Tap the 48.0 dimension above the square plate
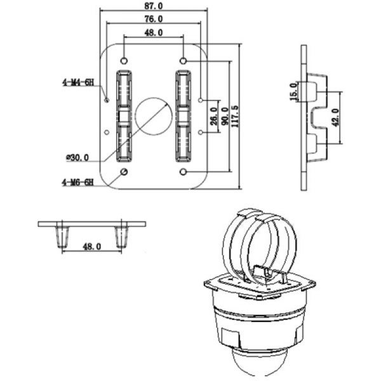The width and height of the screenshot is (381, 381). coord(153,32)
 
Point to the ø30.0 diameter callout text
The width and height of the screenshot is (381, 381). coord(77,157)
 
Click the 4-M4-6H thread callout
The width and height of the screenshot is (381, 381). coord(77,82)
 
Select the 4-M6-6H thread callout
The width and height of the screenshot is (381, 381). coord(77,182)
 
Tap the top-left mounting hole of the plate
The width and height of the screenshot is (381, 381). coord(123,61)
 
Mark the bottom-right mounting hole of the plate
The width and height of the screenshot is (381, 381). coord(184,173)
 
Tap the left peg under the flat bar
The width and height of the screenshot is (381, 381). coord(62,236)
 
